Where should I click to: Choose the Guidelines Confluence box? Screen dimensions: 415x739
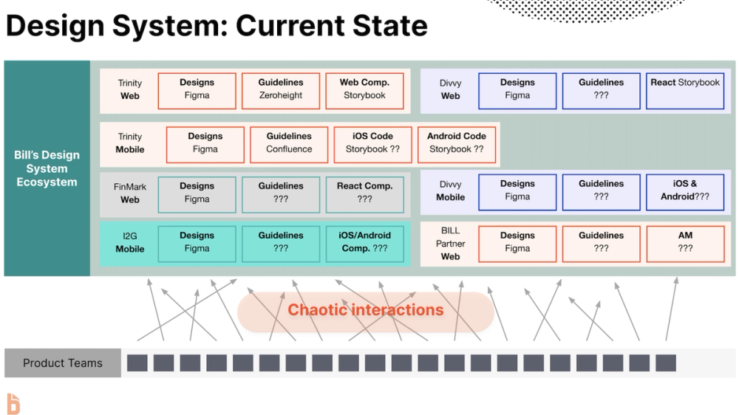tap(289, 144)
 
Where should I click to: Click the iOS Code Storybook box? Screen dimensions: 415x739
tap(372, 144)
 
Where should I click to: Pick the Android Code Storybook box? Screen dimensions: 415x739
tap(457, 144)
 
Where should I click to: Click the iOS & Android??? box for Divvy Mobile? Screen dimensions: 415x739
tap(685, 192)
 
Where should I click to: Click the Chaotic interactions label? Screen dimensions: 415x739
tap(365, 310)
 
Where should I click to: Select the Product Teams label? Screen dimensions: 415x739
tap(63, 363)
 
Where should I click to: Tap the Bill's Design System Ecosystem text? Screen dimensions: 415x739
tap(47, 168)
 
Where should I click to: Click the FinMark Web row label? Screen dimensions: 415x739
tap(130, 193)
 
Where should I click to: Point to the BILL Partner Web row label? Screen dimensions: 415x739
tap(450, 244)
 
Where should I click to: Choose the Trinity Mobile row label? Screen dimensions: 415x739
tap(130, 143)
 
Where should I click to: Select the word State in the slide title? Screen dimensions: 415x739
tap(387, 26)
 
